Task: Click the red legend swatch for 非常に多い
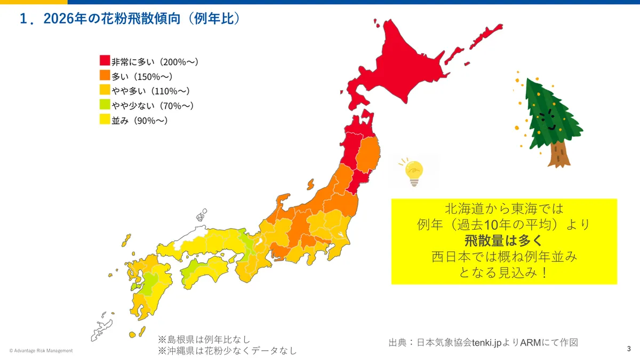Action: [x=105, y=61]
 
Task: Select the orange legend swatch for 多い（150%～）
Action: [x=105, y=76]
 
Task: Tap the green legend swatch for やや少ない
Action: [x=105, y=106]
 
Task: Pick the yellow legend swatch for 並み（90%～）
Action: [x=105, y=121]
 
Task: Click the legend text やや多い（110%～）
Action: [x=150, y=91]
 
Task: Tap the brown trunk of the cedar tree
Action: [x=558, y=154]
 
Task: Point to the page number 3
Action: [x=629, y=349]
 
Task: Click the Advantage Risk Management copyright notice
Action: [x=41, y=350]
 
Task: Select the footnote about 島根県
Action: [x=204, y=339]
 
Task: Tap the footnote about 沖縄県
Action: [x=227, y=351]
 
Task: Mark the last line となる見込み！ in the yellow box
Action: [x=503, y=273]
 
